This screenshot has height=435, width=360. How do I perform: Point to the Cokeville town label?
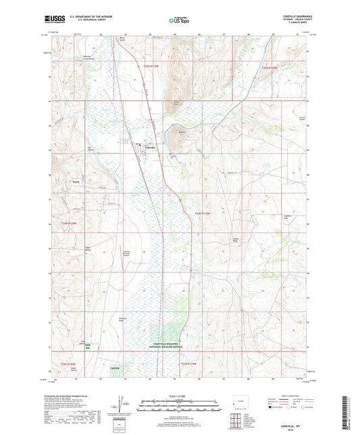click(x=150, y=147)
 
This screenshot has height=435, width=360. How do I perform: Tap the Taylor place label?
click(x=66, y=182)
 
